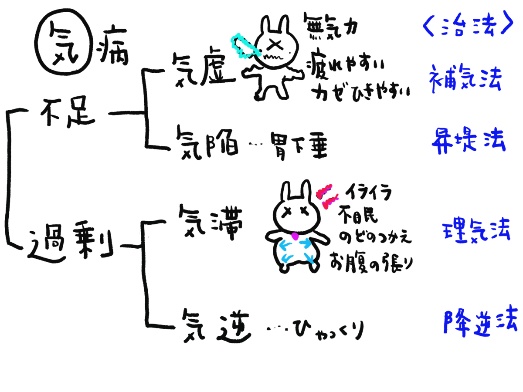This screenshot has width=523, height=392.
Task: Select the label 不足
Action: [68, 112]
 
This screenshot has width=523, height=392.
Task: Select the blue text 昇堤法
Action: [469, 140]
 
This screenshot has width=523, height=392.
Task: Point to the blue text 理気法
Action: [475, 230]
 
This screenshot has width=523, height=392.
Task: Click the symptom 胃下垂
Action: [299, 146]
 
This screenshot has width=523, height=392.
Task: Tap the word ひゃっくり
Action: [329, 330]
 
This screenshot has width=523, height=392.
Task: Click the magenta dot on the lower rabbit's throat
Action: [295, 236]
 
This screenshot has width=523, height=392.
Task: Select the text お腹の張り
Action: [371, 263]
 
